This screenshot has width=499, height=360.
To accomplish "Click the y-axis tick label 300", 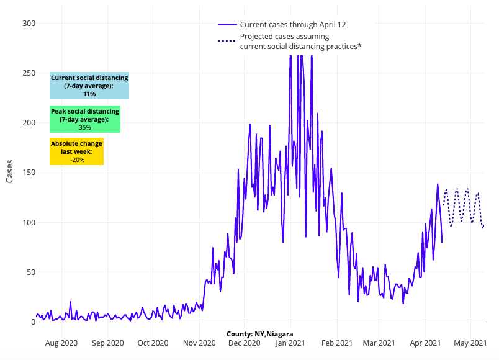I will pos(29,24).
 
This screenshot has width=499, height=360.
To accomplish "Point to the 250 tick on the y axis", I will pos(29,73).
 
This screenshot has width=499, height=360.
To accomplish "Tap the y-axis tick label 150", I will pos(29,173).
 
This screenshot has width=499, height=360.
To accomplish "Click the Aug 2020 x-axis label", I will pos(61,343).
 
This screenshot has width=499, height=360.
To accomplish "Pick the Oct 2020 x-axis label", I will pos(153,343).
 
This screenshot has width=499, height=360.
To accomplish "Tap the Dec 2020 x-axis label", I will pos(243,343).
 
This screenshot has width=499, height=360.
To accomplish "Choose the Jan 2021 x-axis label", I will pos(289,343).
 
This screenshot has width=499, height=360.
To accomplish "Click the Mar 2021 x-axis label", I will pos(379,343).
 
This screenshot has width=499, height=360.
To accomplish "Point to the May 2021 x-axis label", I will pos(470,343).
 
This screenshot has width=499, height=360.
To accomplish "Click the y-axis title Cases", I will pos(10,171).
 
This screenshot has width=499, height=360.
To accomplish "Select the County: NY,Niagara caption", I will pos(260,334).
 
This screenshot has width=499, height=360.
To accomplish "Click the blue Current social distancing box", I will pos(89,86).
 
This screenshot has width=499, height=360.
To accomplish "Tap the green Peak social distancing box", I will pos(84,119).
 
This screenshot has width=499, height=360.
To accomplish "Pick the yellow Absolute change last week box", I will pos(76,151).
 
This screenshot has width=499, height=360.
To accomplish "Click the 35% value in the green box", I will pos(84,127).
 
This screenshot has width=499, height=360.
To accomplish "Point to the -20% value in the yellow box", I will pos(77,160).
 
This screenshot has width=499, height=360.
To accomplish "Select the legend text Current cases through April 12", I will pos(293,25).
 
